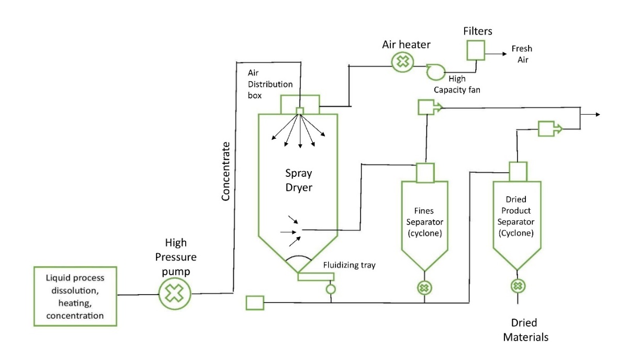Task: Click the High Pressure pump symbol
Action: pos(175,294)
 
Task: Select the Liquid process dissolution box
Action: pos(75,296)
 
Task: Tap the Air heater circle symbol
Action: pos(402,62)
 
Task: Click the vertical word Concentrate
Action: pos(226,171)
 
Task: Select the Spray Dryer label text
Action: pos(298,179)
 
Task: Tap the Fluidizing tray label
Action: pos(349,265)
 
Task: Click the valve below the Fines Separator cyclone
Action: pos(424,287)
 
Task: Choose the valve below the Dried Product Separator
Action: pos(518,286)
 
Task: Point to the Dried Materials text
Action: pos(525,330)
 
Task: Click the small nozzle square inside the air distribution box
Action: pos(300,110)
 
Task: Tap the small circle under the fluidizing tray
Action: pos(331,288)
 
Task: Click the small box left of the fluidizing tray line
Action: pos(255,302)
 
